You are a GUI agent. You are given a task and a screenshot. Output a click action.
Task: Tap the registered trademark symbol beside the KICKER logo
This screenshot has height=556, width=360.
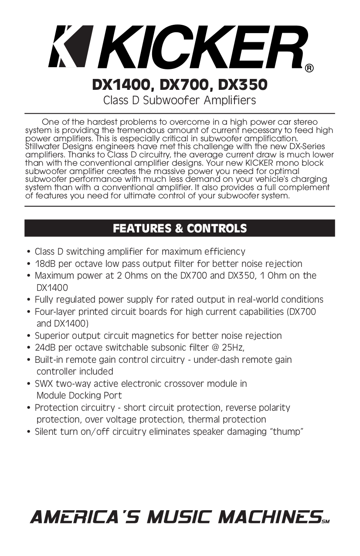(309, 68)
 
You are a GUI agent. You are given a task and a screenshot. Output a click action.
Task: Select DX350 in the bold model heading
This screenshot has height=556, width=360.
(242, 85)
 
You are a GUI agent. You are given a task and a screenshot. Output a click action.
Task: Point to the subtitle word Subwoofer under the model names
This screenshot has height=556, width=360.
(168, 100)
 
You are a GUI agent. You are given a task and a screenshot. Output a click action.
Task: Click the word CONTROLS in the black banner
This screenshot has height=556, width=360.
(217, 229)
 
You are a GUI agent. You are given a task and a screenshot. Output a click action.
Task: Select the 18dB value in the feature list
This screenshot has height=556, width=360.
(47, 264)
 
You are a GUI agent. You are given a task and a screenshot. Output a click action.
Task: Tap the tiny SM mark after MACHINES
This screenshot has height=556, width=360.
(326, 521)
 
